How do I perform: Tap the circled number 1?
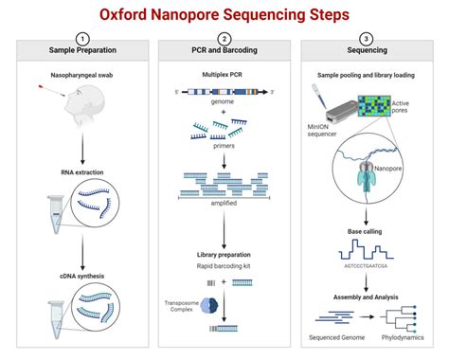pos(81,38)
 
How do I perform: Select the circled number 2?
pos(224,38)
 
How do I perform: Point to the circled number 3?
pos(366,38)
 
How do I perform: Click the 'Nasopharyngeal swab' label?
pos(81,74)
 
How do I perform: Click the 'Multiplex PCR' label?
pos(224,74)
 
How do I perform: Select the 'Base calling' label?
pos(366,231)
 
